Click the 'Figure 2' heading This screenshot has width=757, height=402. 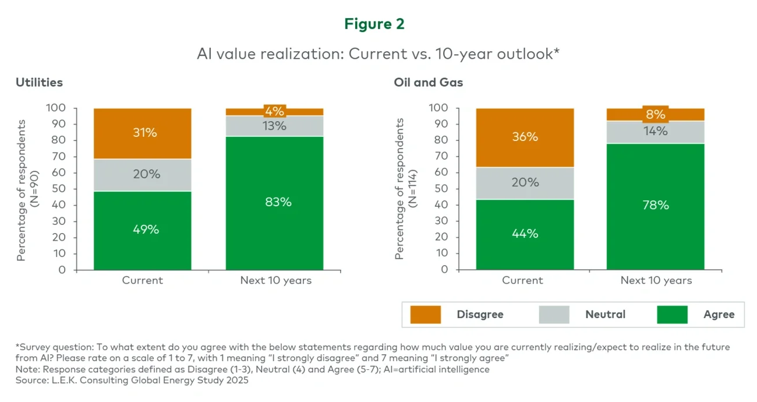click(x=374, y=24)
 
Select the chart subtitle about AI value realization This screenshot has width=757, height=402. click(x=378, y=54)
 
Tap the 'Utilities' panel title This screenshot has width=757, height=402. click(x=39, y=82)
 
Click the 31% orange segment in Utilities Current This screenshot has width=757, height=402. click(x=143, y=133)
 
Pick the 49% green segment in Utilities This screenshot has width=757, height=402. click(x=143, y=230)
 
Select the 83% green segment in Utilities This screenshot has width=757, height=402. click(x=275, y=202)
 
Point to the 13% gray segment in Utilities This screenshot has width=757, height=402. click(x=275, y=126)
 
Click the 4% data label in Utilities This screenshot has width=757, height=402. click(x=275, y=111)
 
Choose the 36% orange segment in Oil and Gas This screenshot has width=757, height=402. click(x=524, y=137)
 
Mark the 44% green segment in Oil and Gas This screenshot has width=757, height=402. click(x=524, y=234)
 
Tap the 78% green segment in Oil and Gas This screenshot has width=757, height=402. click(x=656, y=206)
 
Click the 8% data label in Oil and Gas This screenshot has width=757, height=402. click(x=656, y=114)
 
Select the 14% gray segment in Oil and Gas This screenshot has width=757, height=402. click(x=656, y=132)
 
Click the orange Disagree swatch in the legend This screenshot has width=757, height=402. click(x=425, y=315)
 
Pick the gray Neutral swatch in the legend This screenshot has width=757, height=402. click(x=554, y=315)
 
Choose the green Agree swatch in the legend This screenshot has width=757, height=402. click(x=672, y=315)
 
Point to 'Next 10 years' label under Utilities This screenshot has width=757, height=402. click(x=275, y=280)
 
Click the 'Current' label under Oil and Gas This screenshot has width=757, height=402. click(x=522, y=280)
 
